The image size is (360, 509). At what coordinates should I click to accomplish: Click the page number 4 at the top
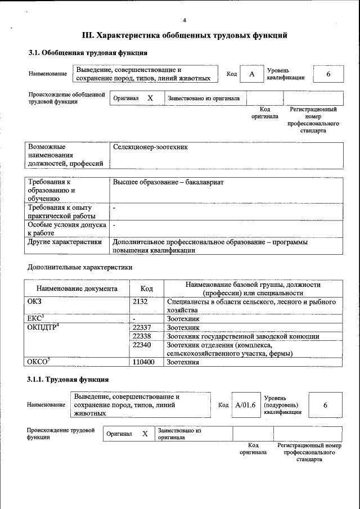(184, 21)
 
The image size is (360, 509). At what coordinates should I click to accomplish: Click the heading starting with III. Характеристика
(185, 35)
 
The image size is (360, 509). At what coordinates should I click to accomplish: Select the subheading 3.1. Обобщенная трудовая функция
(88, 53)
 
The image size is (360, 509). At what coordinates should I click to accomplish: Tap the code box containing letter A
(252, 74)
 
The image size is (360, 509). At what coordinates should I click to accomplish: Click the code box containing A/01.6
(245, 405)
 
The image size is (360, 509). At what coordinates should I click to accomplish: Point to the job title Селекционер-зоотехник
(150, 147)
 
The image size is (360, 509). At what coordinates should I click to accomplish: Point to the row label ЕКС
(35, 318)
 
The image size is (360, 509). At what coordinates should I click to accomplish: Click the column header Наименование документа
(76, 289)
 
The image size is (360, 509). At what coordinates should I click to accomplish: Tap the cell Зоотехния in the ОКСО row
(184, 362)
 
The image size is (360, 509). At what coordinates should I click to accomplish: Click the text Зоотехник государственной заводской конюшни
(243, 336)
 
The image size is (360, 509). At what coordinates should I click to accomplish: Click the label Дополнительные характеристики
(80, 267)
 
